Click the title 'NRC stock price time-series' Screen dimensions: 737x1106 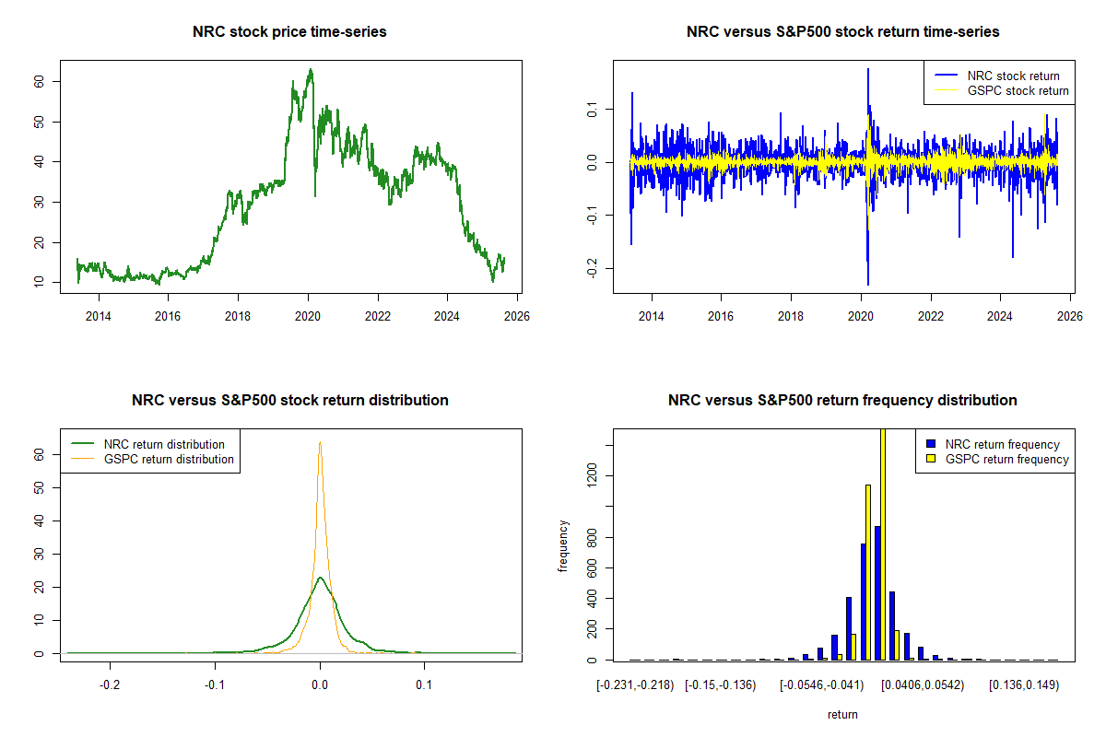(x=289, y=31)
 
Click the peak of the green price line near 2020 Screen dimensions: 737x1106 (x=311, y=70)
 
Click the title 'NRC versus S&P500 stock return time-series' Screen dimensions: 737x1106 (x=842, y=31)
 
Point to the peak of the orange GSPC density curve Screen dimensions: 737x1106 (x=320, y=443)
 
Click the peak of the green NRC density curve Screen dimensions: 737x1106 (x=320, y=578)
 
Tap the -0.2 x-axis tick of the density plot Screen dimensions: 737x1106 (x=111, y=685)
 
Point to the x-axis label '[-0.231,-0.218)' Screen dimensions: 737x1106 (x=636, y=685)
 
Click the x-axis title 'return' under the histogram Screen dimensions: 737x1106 (x=842, y=714)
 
